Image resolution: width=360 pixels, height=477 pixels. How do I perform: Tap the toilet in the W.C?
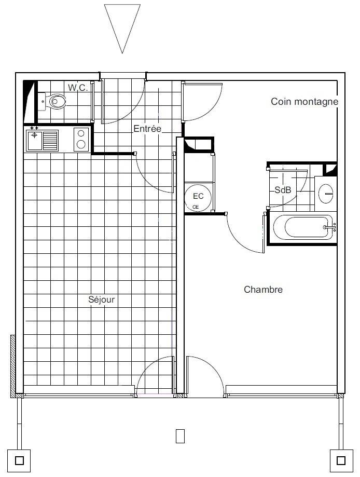[54, 101]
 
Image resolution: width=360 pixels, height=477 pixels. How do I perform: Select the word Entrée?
[147, 129]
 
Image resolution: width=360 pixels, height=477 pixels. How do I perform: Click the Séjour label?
[101, 299]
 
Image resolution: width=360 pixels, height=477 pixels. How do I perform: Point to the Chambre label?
[263, 290]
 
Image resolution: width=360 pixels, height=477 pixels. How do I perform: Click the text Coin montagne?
[304, 102]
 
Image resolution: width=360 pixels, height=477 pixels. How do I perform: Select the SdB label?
[283, 190]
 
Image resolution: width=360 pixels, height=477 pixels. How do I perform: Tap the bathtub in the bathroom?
[302, 227]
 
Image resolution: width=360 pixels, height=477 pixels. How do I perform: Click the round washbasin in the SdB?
[326, 193]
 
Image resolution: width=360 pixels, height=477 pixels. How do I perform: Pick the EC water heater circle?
[198, 197]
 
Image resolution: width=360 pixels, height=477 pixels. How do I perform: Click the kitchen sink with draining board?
[42, 140]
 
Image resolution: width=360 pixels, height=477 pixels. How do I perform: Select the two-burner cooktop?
[81, 140]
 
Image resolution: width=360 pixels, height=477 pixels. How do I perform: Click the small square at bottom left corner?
[19, 460]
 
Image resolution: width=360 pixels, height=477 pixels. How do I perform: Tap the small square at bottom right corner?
[341, 460]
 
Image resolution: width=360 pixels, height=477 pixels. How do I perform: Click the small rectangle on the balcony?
[180, 436]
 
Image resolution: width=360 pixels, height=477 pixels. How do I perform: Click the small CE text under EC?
[196, 207]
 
